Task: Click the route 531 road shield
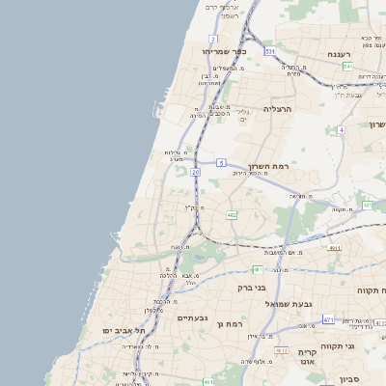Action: coord(271,50)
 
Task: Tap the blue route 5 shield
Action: coord(221,162)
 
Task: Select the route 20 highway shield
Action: coord(195,172)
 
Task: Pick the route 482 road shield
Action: coord(232,215)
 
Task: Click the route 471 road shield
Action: coord(328,319)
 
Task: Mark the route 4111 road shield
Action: coord(334,248)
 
